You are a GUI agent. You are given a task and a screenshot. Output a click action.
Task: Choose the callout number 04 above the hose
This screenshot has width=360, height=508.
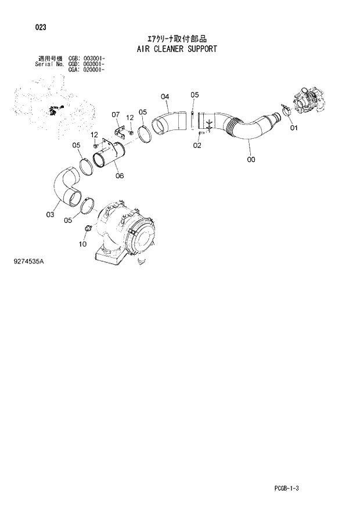click(164, 96)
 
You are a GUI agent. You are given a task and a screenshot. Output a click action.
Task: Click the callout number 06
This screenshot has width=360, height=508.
click(118, 175)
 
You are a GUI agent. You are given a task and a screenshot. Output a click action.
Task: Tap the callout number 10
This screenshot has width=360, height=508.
click(82, 244)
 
